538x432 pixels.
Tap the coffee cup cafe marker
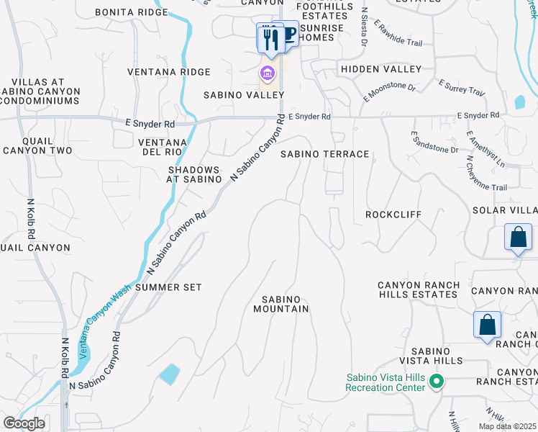[x=288, y=35]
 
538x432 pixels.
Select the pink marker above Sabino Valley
[x=268, y=73]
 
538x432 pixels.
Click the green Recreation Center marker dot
[x=435, y=382]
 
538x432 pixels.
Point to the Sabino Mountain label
[x=281, y=304]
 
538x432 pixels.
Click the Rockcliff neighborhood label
[x=393, y=215]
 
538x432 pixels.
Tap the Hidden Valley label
[x=381, y=69]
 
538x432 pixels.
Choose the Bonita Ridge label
[x=130, y=13]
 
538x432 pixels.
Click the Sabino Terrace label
[x=324, y=154]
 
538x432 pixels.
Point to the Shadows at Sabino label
[x=193, y=174]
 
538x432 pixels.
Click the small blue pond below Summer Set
[x=169, y=374]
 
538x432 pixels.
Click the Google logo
[x=23, y=423]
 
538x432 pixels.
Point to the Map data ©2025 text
[x=507, y=426]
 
